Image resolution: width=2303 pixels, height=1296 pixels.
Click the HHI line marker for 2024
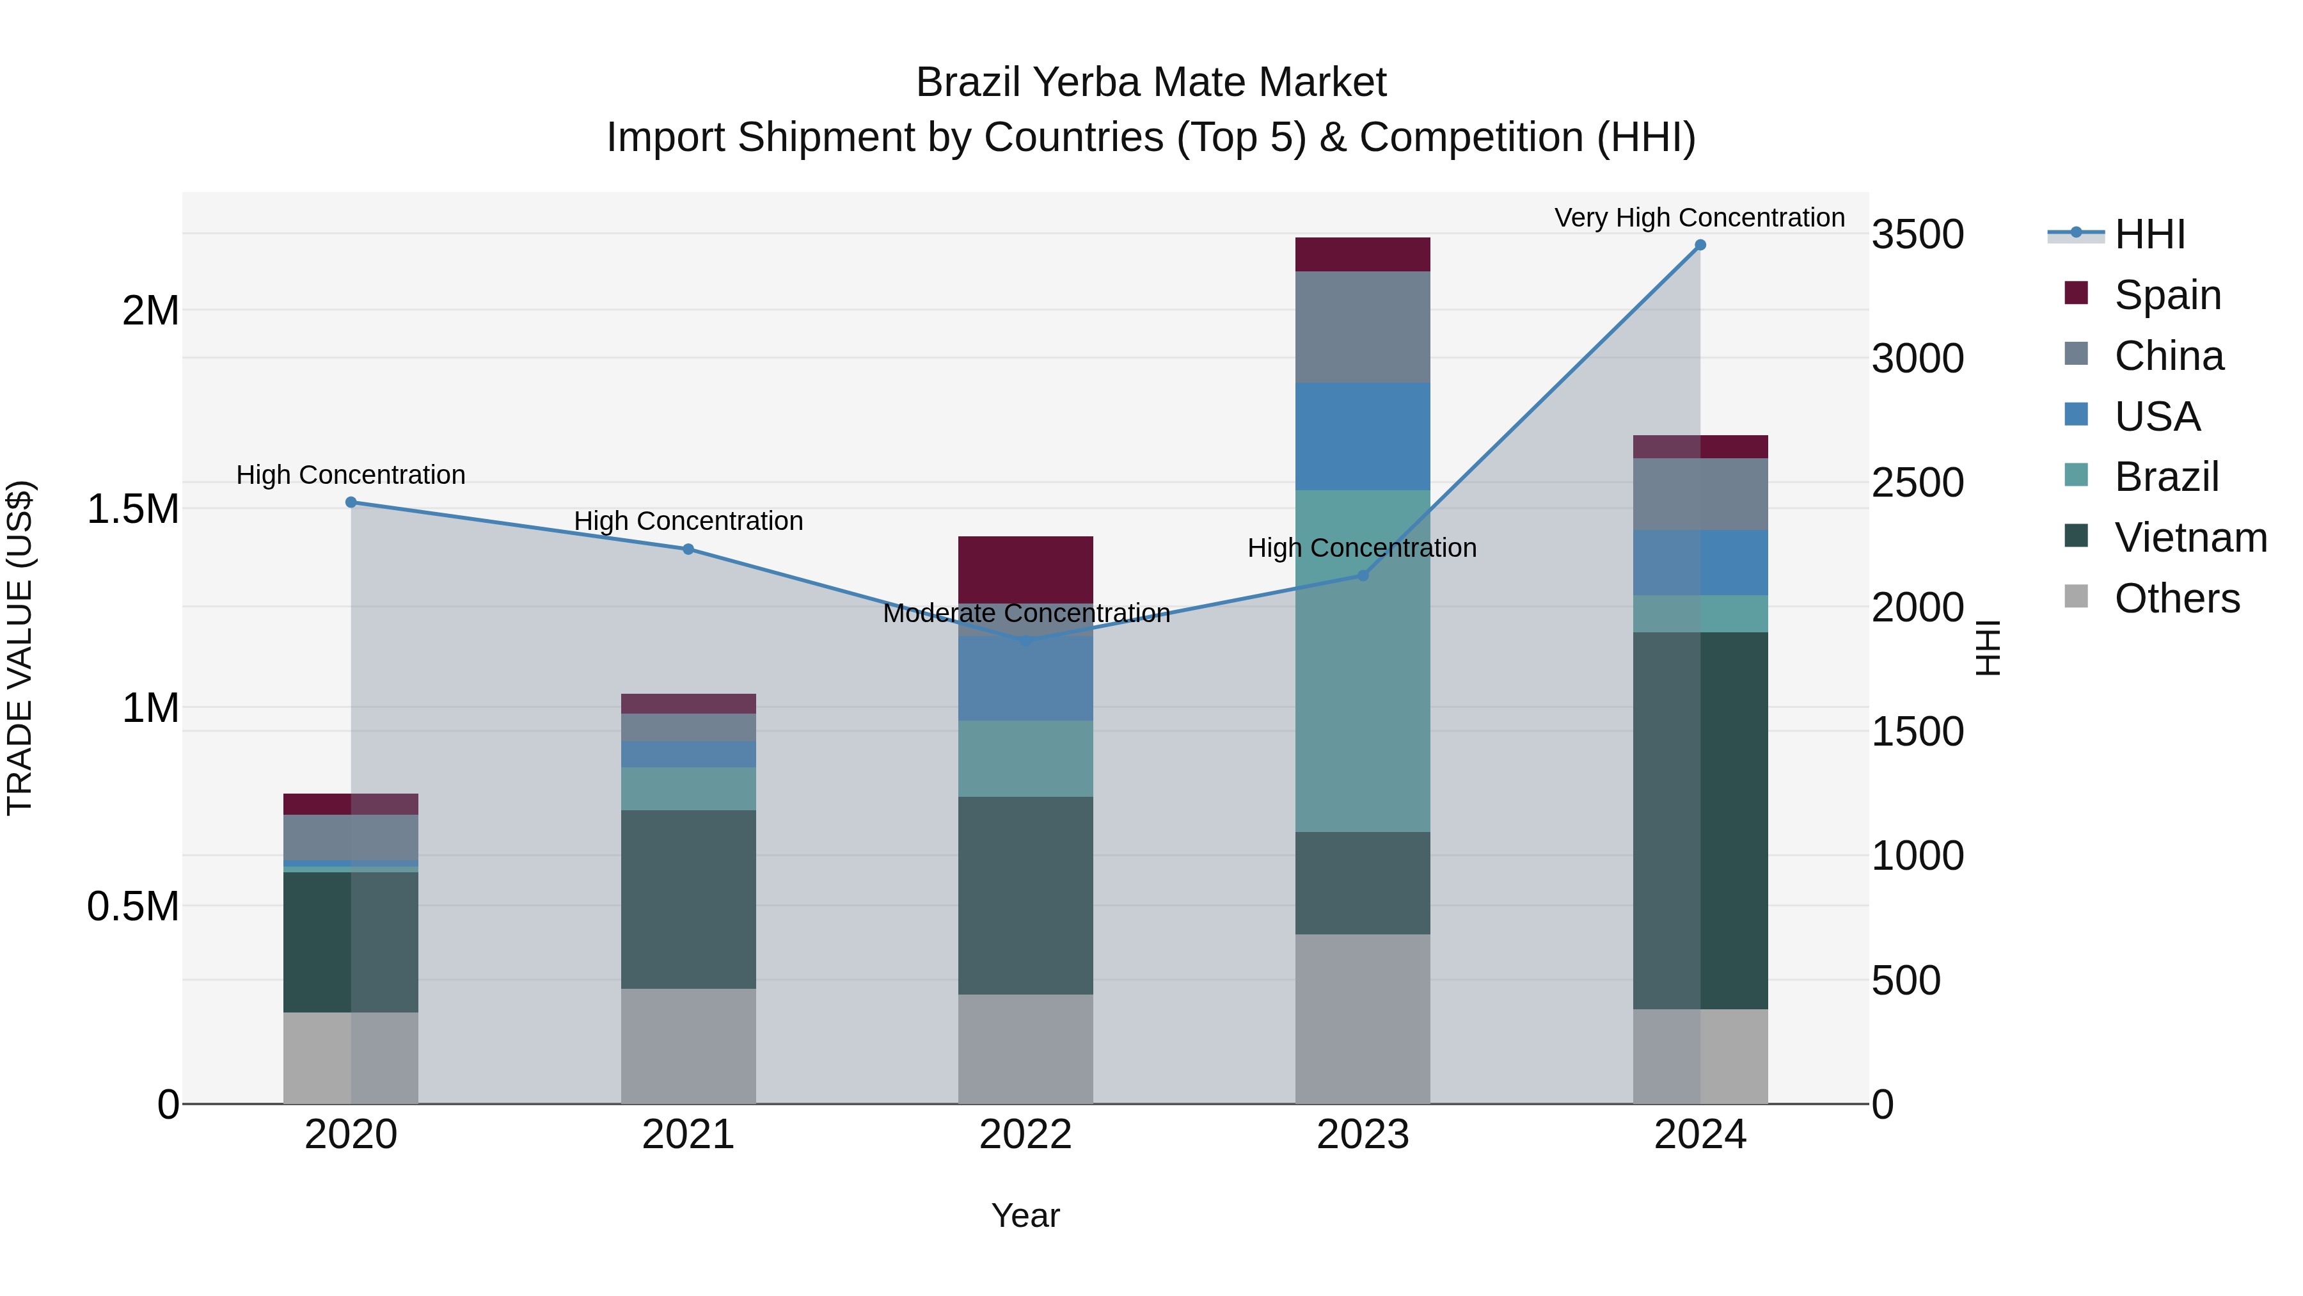(x=1700, y=245)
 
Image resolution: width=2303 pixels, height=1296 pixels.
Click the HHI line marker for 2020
(x=351, y=502)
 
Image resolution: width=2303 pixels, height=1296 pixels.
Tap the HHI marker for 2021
(x=688, y=549)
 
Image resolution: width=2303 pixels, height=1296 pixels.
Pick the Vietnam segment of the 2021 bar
(x=688, y=899)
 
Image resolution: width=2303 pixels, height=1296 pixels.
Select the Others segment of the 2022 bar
(x=1025, y=1048)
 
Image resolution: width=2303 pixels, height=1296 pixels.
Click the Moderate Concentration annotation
(x=1025, y=614)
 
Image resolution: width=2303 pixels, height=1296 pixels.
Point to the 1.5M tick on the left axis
(x=132, y=510)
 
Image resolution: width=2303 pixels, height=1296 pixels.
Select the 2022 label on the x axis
(x=1025, y=1135)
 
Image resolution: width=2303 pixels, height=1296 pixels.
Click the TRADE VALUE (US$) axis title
(x=20, y=648)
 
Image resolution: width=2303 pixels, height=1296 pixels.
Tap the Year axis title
(x=1025, y=1215)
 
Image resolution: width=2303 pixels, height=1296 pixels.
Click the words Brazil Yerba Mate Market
(x=1151, y=83)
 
